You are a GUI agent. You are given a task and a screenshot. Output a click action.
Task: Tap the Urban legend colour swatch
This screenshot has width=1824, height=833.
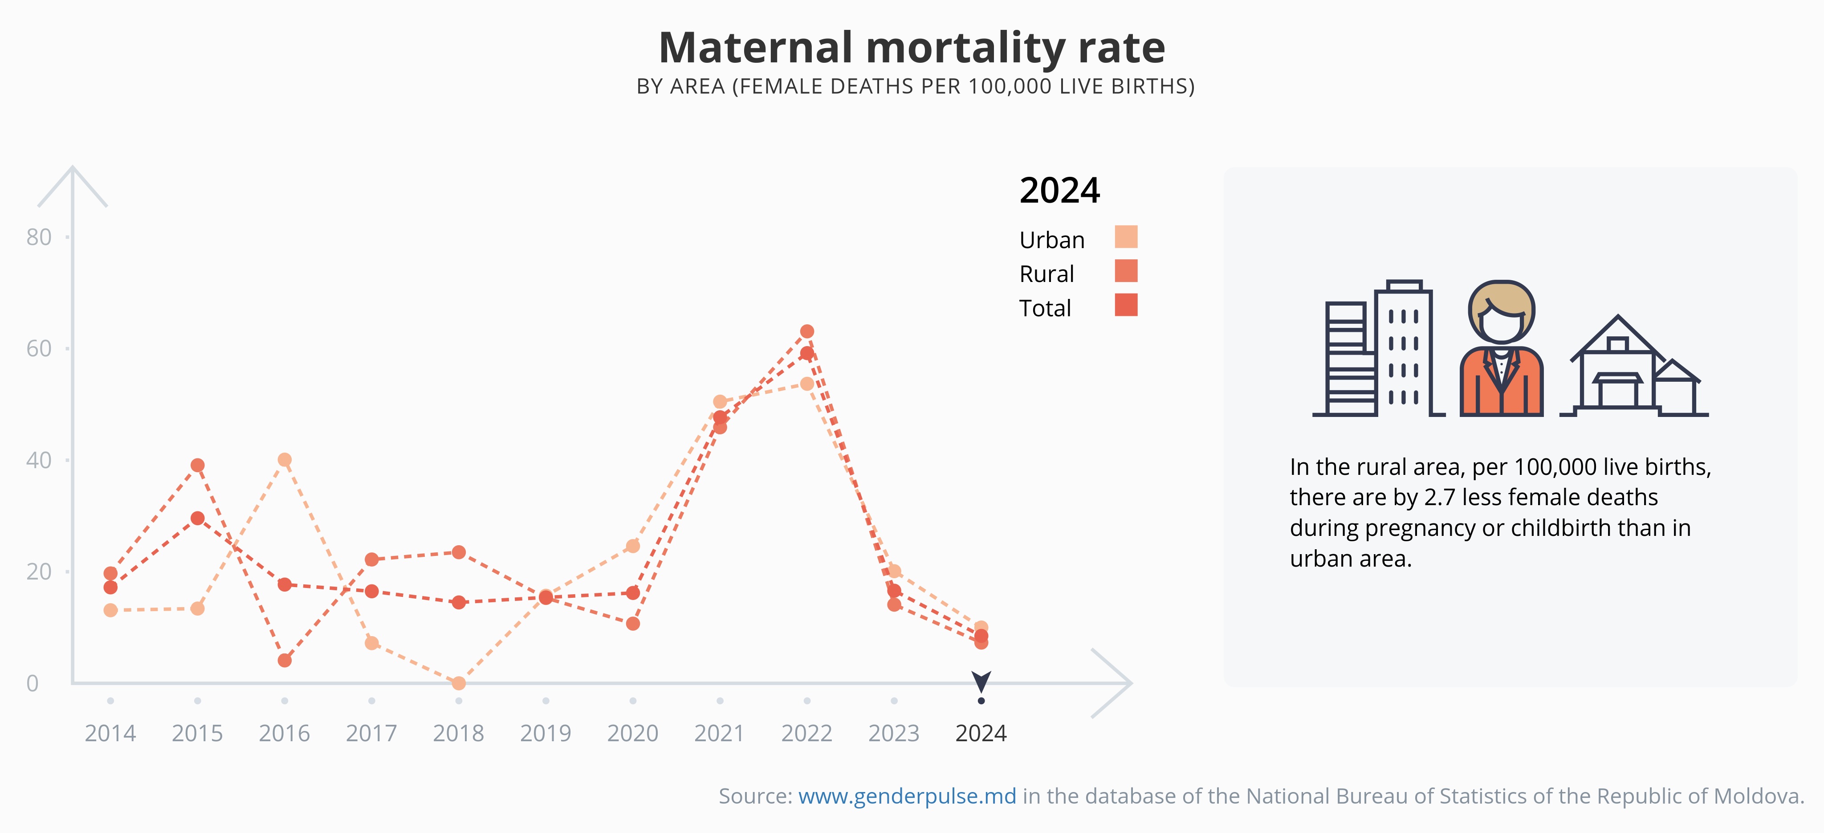tap(1126, 237)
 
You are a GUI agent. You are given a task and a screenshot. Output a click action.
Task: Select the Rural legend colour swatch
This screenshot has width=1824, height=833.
tap(1126, 270)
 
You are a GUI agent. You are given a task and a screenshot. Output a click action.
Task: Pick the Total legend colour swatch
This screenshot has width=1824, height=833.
tap(1126, 305)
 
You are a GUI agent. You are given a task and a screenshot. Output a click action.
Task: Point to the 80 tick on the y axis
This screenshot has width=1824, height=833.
tap(39, 237)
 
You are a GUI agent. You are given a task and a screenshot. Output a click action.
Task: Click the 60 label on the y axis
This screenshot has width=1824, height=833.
tap(39, 348)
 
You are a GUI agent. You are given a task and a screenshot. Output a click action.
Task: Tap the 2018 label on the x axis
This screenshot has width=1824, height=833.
tap(458, 733)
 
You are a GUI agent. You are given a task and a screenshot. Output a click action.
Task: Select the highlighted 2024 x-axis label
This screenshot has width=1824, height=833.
tap(981, 733)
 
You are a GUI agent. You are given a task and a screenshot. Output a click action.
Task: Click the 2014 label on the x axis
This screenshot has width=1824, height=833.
tap(110, 733)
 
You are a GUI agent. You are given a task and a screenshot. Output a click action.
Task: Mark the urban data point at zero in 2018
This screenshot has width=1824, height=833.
tap(459, 683)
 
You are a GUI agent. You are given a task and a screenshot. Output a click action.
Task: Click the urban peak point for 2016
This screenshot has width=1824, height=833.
tap(285, 460)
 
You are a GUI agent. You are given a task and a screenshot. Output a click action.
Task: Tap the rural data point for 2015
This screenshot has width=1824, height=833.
tap(198, 465)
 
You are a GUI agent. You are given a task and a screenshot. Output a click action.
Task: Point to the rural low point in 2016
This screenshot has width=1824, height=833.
tap(285, 660)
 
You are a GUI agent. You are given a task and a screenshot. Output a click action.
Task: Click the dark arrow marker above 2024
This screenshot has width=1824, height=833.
tap(981, 682)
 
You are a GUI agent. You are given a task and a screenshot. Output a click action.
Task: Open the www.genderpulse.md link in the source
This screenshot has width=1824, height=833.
tap(907, 796)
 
